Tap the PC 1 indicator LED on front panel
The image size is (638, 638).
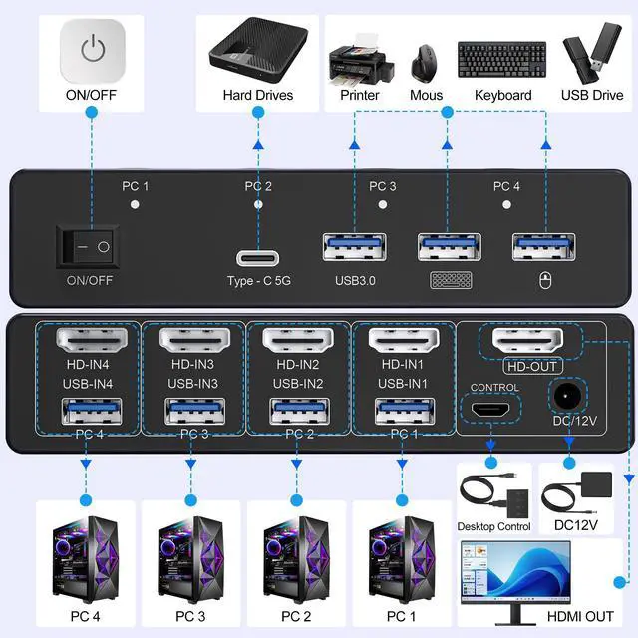pyautogui.click(x=135, y=204)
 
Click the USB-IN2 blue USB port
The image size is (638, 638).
pyautogui.click(x=296, y=412)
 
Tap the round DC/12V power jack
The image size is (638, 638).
pyautogui.click(x=568, y=397)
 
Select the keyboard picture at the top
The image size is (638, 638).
pyautogui.click(x=501, y=60)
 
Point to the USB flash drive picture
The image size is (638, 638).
pyautogui.click(x=587, y=58)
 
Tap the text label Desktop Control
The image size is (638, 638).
pyautogui.click(x=493, y=526)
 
